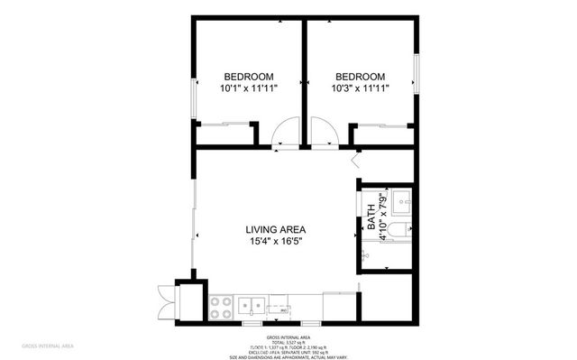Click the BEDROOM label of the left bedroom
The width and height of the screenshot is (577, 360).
pos(249,77)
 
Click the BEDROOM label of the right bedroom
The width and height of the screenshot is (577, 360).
pos(361,77)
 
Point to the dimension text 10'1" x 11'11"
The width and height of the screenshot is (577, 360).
pos(249,88)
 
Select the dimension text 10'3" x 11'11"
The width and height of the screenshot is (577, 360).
pos(361,88)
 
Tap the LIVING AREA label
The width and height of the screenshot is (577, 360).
pos(276,229)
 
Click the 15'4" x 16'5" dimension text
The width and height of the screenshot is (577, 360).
pos(276,242)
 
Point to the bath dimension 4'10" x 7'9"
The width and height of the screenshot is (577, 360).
pos(383,214)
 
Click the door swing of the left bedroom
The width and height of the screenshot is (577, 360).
pos(287,133)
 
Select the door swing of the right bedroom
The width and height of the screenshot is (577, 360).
pos(324,133)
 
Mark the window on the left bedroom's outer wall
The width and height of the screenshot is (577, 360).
pos(193,97)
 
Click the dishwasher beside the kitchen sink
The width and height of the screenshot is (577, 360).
pos(283,308)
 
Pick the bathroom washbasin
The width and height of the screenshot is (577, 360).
pos(404,199)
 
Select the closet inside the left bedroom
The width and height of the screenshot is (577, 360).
pos(223,134)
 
